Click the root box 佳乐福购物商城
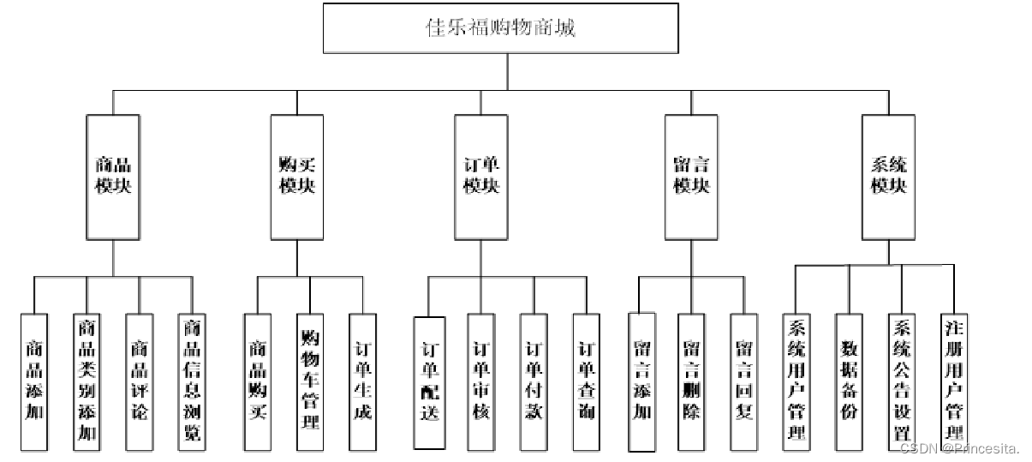501,27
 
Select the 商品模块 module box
113,176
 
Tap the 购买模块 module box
297,176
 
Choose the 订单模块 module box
481,176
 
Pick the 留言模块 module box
691,176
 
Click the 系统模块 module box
888,176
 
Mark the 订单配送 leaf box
429,382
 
